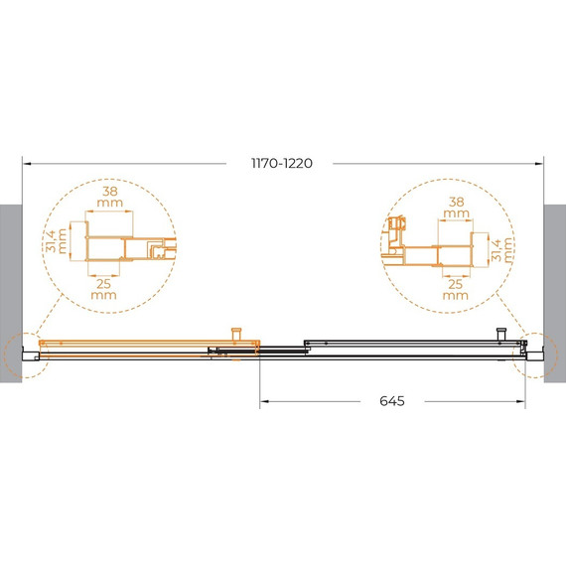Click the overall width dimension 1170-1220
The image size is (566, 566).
tap(282, 165)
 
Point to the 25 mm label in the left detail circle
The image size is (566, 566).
tap(103, 288)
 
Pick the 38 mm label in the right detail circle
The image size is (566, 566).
tap(456, 208)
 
